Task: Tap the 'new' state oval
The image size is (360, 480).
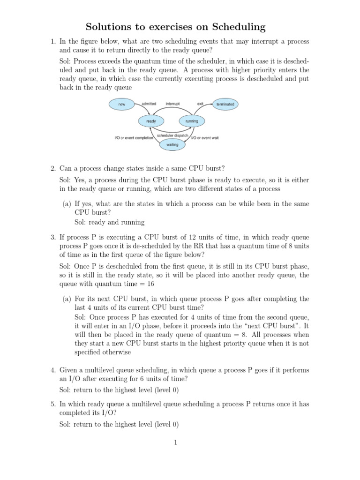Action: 122,104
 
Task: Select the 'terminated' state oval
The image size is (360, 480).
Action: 225,104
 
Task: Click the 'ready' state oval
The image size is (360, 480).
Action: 151,121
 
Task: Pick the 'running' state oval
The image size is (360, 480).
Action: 192,121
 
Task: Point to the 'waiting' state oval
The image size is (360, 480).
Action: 172,145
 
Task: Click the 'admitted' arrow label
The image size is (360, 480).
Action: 149,103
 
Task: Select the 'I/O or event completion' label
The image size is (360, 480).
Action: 134,138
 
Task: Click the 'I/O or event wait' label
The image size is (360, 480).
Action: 205,138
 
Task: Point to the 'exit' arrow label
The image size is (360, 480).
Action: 200,103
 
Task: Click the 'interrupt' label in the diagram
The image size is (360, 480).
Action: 172,103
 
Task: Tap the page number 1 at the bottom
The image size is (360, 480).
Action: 174,442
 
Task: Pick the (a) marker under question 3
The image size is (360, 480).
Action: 67,299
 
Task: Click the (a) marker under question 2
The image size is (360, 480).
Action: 67,204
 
